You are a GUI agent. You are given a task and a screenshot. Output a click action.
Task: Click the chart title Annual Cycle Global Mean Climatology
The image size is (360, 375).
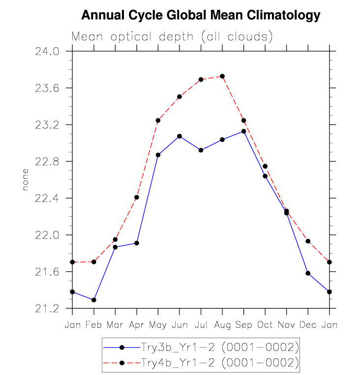click(200, 16)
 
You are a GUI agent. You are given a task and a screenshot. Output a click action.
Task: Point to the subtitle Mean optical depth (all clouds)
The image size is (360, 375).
click(172, 37)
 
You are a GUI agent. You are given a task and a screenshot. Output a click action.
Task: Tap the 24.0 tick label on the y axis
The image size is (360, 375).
click(47, 51)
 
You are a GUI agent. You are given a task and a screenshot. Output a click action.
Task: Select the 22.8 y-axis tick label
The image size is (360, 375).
click(47, 162)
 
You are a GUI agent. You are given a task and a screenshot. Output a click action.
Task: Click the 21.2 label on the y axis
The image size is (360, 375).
click(47, 309)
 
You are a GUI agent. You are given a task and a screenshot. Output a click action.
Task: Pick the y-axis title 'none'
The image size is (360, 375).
click(26, 180)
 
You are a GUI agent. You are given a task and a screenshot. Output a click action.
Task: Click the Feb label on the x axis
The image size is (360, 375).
click(93, 325)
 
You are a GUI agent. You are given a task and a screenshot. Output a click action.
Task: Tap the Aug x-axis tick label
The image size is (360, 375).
click(222, 325)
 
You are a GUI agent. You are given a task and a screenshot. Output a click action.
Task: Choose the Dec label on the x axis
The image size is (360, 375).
click(308, 325)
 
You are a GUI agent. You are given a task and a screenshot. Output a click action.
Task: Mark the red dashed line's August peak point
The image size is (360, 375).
click(222, 76)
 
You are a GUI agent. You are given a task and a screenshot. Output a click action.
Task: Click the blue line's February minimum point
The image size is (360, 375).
click(93, 300)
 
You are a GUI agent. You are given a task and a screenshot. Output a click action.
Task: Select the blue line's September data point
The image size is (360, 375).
click(243, 131)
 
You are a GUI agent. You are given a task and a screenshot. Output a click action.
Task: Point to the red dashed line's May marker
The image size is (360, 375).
click(158, 120)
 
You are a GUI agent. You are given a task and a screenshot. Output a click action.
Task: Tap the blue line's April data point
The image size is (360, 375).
click(136, 243)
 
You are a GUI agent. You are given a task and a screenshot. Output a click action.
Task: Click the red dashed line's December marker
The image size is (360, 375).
click(308, 241)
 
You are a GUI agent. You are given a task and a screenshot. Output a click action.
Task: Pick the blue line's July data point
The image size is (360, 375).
click(201, 150)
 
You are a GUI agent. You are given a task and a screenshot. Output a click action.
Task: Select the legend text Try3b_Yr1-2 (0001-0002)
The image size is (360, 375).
click(219, 347)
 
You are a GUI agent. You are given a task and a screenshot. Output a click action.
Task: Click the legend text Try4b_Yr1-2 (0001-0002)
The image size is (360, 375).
click(219, 363)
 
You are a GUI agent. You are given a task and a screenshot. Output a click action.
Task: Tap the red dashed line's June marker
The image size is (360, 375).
click(180, 97)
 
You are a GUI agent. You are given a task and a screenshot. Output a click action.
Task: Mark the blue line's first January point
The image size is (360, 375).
click(72, 292)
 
